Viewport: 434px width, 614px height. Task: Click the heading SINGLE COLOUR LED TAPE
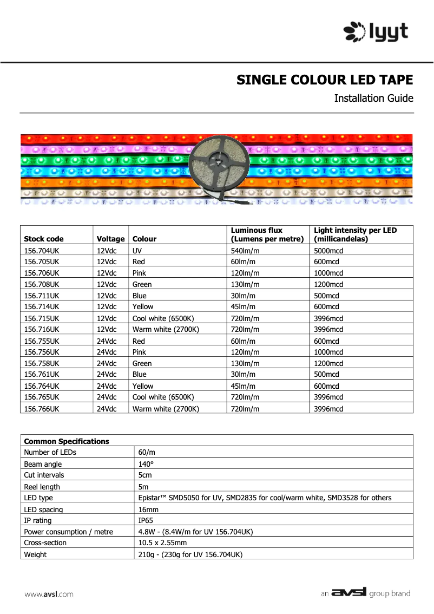click(x=325, y=80)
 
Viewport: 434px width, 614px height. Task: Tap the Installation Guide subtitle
click(x=373, y=99)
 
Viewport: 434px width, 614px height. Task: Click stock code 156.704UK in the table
click(x=42, y=251)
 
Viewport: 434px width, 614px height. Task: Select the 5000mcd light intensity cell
click(x=328, y=251)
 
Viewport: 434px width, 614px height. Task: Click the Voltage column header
click(x=110, y=239)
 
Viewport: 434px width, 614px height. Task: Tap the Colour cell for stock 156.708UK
click(x=142, y=284)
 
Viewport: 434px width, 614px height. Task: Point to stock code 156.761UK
click(x=42, y=375)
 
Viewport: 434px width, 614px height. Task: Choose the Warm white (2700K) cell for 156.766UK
click(x=166, y=409)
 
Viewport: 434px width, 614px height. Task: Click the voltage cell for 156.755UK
click(x=107, y=341)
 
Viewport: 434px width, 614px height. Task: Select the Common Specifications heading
click(x=67, y=441)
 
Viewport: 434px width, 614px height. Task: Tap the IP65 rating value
click(x=147, y=520)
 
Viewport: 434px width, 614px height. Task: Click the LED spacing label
click(x=43, y=510)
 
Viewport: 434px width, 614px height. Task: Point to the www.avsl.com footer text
click(x=49, y=594)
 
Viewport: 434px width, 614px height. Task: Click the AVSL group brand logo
click(x=366, y=593)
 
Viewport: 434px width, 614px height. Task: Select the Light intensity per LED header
click(x=355, y=234)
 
